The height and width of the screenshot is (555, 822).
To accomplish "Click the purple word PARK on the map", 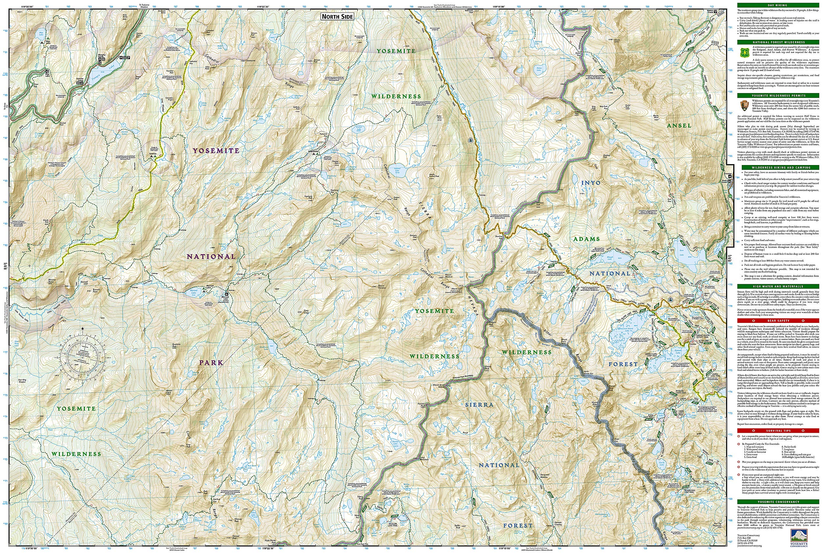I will tap(211, 362).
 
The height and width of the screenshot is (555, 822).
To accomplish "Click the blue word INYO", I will tap(591, 183).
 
